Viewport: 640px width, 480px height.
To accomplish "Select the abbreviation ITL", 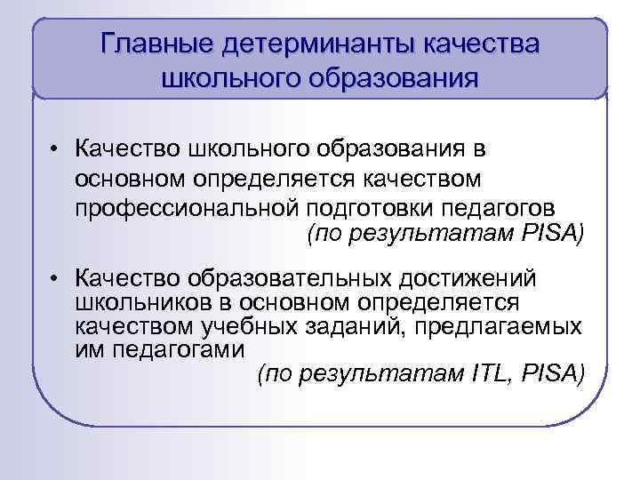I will pyautogui.click(x=488, y=373).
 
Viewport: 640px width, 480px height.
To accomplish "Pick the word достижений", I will pyautogui.click(x=470, y=277).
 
